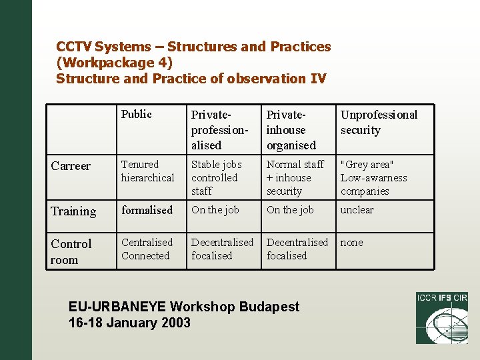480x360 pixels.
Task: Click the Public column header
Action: coord(137,114)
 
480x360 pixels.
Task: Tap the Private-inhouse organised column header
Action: coord(291,129)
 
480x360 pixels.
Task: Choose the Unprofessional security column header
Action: coord(379,122)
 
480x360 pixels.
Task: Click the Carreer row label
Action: coord(71,165)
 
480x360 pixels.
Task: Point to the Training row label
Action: coord(73,211)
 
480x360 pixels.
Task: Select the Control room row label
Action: coord(71,251)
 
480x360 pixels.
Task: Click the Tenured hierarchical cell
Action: coord(147,171)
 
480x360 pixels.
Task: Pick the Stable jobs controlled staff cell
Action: coord(217,177)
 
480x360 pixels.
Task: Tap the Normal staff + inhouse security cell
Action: coord(295,177)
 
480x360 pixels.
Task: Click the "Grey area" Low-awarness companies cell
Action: coord(373,177)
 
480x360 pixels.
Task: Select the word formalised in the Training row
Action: coord(147,210)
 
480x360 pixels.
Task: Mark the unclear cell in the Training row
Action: coord(357,210)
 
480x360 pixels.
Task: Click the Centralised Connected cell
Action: coord(147,249)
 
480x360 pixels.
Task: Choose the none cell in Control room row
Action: coord(352,243)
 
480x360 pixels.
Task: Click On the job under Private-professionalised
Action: coord(215,210)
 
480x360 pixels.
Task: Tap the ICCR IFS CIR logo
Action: coord(441,318)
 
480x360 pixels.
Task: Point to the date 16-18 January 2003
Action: coord(129,323)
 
